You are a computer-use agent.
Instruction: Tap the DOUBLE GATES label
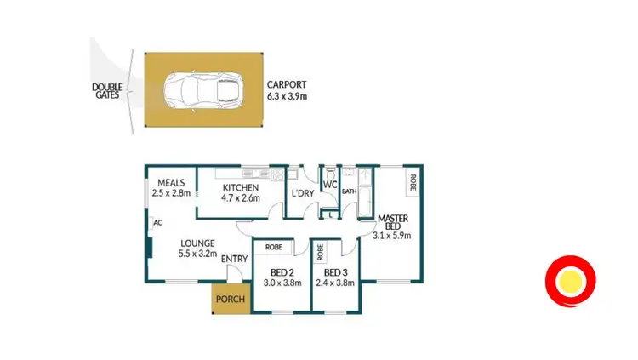(x=107, y=91)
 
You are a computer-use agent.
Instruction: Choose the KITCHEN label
(x=240, y=188)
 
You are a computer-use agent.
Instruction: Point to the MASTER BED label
(x=394, y=221)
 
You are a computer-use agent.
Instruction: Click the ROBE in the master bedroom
(x=413, y=181)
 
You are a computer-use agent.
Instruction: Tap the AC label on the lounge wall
(x=158, y=223)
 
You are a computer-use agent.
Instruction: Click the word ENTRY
(x=234, y=259)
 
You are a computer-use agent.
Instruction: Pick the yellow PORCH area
(x=230, y=300)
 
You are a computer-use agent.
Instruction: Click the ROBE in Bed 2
(x=274, y=248)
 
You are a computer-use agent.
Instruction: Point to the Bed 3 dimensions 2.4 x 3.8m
(x=333, y=283)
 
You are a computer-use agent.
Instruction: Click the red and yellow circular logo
(x=571, y=280)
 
